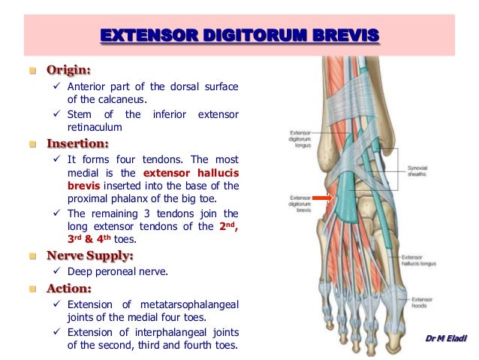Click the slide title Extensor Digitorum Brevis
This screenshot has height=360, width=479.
click(239, 35)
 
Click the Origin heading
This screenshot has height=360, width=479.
click(69, 71)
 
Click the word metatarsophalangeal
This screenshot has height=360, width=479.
click(190, 305)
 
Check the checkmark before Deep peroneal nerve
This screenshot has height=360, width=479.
click(56, 271)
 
